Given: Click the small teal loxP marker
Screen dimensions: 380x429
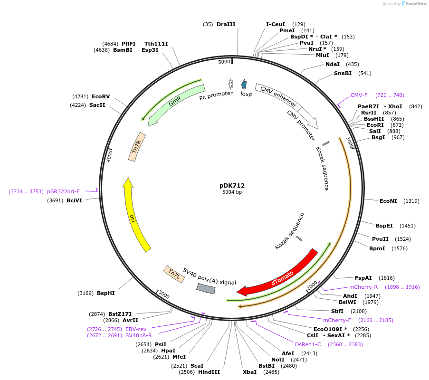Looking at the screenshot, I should coord(244,85).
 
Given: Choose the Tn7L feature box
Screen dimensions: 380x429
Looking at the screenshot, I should coord(174,274).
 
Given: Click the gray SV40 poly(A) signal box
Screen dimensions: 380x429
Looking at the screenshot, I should coord(206,288).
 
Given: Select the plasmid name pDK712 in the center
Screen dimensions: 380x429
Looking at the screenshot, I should coord(232,186).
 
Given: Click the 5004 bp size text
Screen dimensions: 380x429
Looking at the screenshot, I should coord(232,192).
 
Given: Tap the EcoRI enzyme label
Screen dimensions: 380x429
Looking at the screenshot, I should coord(374,125).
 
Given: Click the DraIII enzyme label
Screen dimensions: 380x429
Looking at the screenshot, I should coord(226,24).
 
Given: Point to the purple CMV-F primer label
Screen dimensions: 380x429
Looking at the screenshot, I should coord(359,95).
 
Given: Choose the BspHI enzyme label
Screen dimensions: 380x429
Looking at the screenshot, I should coord(106,293).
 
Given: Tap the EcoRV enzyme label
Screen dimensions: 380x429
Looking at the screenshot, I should coord(101,96).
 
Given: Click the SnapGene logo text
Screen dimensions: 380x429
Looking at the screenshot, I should coord(415,4).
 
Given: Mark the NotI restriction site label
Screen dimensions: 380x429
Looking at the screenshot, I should coord(278,360).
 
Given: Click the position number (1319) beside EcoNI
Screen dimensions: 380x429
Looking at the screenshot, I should coord(411,201).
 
